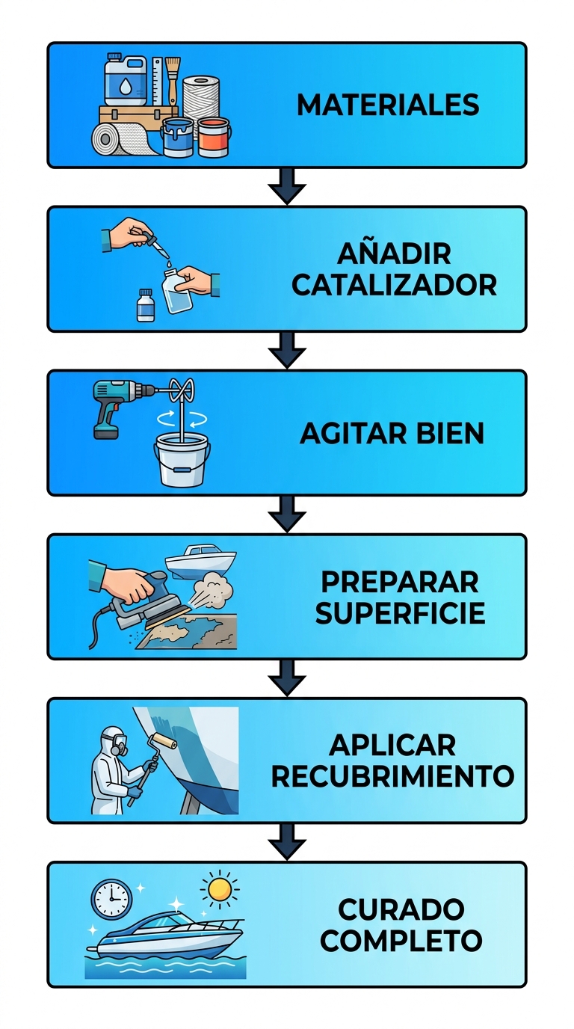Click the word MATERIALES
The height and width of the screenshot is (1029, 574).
point(388,105)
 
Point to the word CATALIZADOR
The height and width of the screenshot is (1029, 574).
point(394,285)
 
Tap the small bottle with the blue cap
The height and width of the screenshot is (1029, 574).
point(146,305)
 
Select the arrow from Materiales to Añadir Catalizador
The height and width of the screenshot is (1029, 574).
point(287,186)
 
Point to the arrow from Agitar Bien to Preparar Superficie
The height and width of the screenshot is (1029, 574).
point(287,514)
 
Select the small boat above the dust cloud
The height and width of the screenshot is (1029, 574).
point(200,562)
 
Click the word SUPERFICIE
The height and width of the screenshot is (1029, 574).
point(400,612)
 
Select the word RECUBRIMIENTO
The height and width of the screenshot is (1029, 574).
point(392,776)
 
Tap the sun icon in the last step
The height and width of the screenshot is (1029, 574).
point(220,890)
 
